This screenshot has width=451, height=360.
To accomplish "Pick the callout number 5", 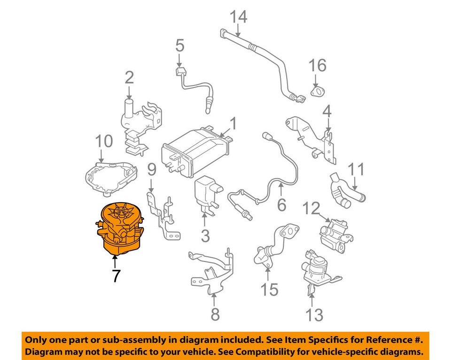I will pos(180,46).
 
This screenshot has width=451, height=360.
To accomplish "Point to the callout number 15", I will pos(270,290).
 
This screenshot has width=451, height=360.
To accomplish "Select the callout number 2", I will pos(129,77).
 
